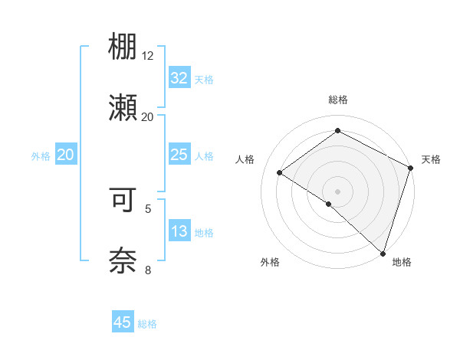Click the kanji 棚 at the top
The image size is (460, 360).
(x=123, y=48)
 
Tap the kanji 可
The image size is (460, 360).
(x=123, y=200)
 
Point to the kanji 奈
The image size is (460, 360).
(x=123, y=260)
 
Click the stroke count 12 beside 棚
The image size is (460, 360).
(x=148, y=56)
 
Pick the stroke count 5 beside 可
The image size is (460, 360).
(x=148, y=208)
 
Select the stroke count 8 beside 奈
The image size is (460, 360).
(x=148, y=269)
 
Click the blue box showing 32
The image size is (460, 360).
(x=179, y=78)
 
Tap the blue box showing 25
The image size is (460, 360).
(x=179, y=155)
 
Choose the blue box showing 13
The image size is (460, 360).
(x=179, y=231)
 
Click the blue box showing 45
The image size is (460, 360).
(x=123, y=322)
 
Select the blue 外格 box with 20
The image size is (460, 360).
(x=65, y=155)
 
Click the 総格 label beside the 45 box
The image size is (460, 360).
(x=147, y=324)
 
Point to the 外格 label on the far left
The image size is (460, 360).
(x=41, y=156)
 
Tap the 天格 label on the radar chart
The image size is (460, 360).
(x=431, y=159)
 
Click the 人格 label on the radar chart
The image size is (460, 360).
(x=245, y=159)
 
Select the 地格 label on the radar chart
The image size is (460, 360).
(x=402, y=262)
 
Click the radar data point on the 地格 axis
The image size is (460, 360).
(x=383, y=253)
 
